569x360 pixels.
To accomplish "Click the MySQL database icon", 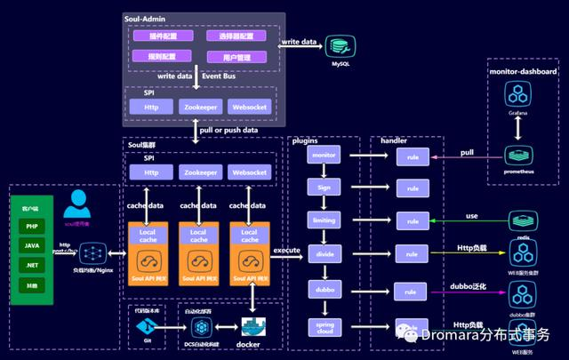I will [338, 44].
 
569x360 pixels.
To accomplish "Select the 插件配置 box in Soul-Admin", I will [162, 36].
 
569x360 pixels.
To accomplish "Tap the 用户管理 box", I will [237, 56].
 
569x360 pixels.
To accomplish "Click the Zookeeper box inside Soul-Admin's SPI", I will [201, 107].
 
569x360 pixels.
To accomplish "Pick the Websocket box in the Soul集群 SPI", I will [249, 172].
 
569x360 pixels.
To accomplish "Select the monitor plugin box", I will [321, 155].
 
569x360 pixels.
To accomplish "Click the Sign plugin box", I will [321, 187].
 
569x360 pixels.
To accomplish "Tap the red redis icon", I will [519, 220].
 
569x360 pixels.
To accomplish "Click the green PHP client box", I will [32, 225].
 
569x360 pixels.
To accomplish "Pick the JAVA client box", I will [32, 244].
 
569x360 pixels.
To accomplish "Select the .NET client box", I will [32, 265].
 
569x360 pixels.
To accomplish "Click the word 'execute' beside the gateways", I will [285, 251].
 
